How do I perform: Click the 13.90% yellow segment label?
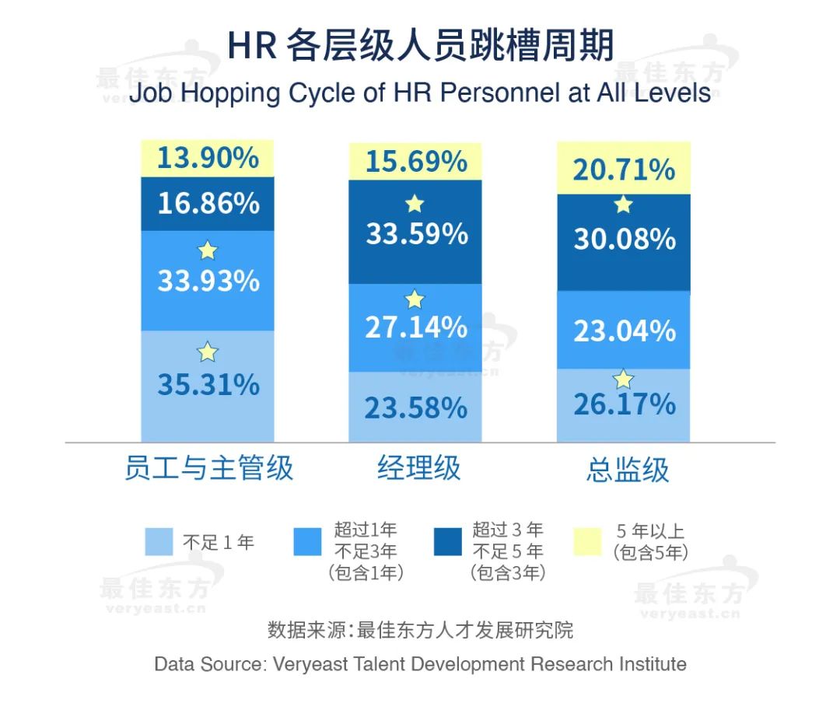(x=208, y=158)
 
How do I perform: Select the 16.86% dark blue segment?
(x=208, y=204)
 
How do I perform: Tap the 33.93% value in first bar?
(x=208, y=281)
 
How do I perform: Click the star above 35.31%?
(x=207, y=352)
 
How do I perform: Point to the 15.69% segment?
(x=416, y=162)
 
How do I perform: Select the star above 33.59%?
(x=415, y=204)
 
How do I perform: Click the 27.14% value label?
(x=416, y=327)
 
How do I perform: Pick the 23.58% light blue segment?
(x=416, y=407)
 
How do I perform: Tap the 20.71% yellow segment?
(x=624, y=169)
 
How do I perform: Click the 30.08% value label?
(x=624, y=239)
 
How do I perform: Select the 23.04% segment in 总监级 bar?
(x=624, y=331)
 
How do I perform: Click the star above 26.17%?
(x=623, y=379)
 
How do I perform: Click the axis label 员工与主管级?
(x=208, y=469)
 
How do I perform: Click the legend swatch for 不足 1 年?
(x=159, y=542)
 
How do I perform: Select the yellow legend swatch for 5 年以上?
(x=587, y=542)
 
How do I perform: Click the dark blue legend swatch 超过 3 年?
(x=448, y=542)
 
